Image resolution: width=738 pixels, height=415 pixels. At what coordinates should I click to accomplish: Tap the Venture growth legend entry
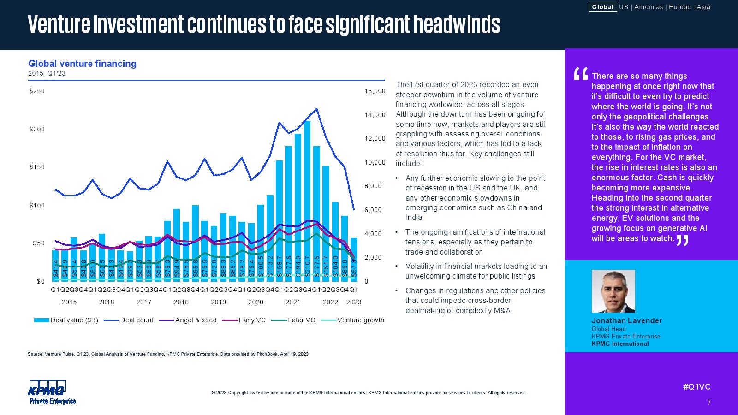coord(360,320)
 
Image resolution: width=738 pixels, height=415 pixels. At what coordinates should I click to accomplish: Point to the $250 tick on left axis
coord(37,91)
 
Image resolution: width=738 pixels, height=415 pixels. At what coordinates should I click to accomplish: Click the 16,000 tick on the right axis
coord(375,91)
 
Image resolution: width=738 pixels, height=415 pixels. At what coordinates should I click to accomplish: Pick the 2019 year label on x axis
coord(218,302)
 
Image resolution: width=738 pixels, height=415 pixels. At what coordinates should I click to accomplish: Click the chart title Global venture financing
coord(82,64)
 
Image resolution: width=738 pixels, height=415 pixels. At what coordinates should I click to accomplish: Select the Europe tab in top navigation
coord(679,7)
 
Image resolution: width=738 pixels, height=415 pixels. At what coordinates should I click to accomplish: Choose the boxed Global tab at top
coord(602,7)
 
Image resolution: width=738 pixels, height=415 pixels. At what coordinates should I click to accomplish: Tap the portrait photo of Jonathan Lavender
coord(613,291)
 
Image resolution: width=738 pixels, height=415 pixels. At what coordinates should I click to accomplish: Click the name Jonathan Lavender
coord(626,320)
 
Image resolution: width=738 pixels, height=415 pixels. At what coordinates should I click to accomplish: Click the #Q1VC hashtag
coord(696,387)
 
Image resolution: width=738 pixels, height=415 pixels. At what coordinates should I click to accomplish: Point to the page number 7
coord(709,403)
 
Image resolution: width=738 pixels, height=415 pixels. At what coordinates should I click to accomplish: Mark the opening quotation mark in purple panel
coord(580,74)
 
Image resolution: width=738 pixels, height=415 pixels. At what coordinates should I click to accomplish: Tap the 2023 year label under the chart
coord(354,302)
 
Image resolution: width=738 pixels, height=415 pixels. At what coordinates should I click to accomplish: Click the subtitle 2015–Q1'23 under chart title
coord(47,73)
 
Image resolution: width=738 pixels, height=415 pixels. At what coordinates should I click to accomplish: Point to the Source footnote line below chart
coord(168,354)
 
